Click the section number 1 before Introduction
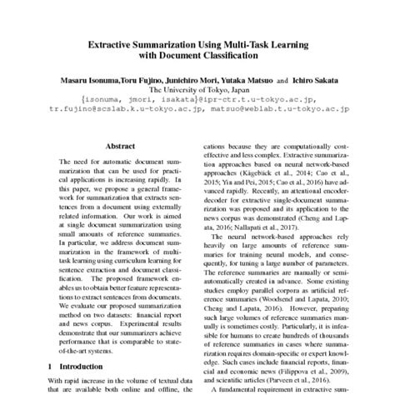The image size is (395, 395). point(51,366)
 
